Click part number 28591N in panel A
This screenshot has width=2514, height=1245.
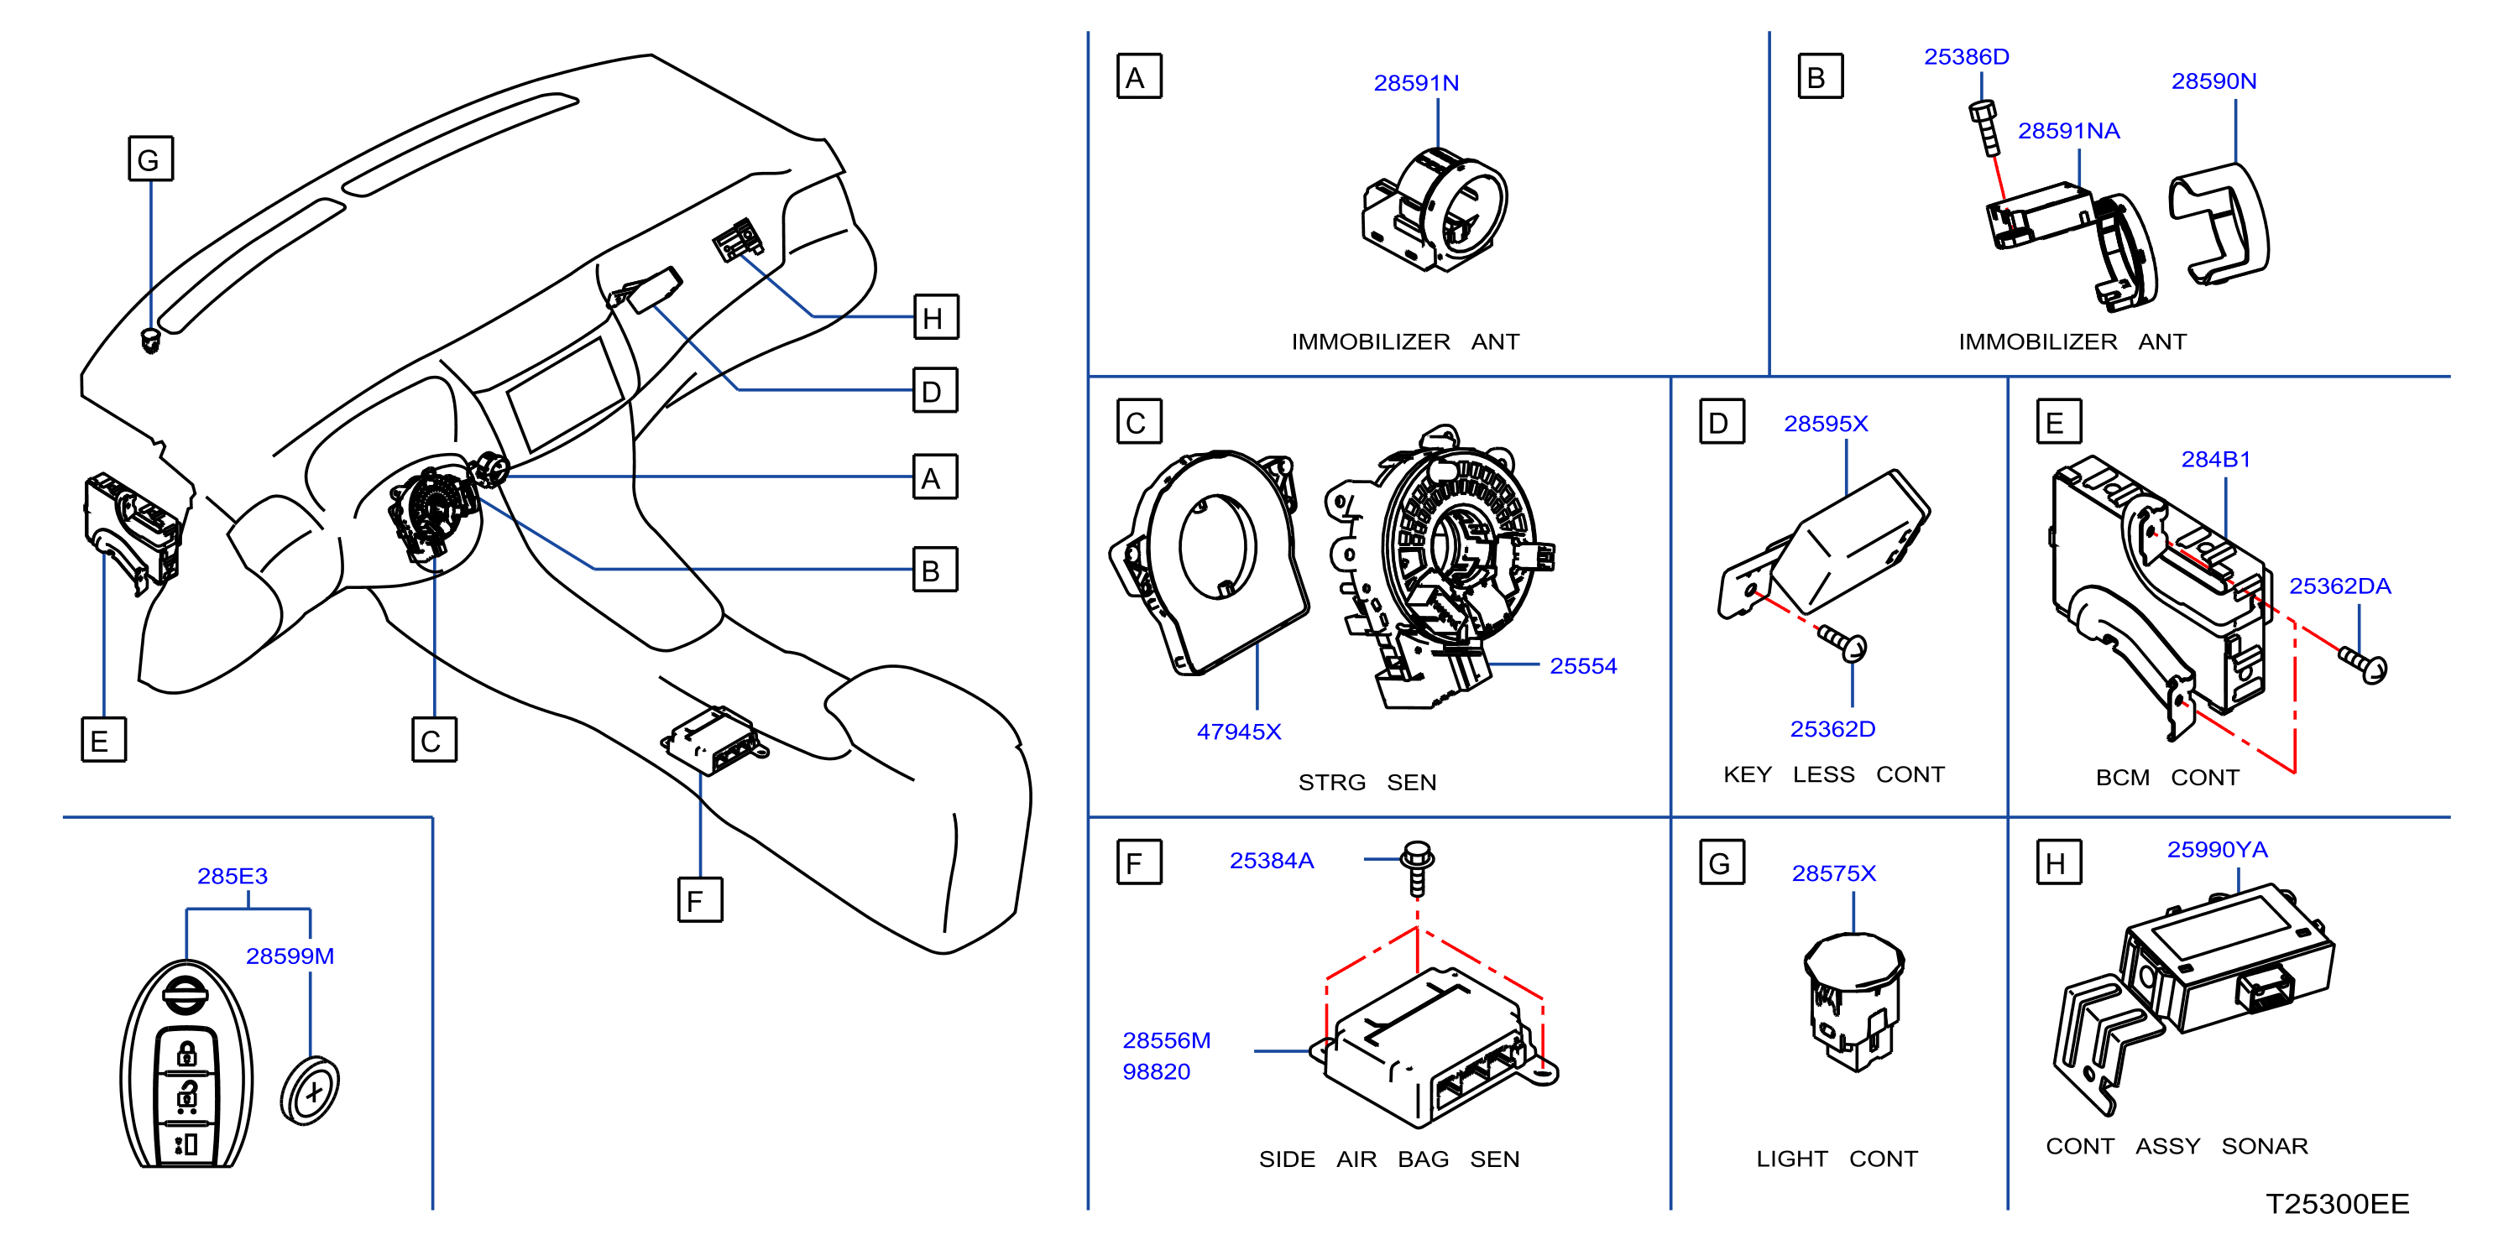[x=1416, y=83]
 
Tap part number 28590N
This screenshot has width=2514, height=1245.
[x=2213, y=81]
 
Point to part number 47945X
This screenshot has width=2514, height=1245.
[x=1238, y=731]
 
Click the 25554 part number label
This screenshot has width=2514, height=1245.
[x=1583, y=665]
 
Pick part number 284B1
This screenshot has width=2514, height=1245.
[x=2215, y=459]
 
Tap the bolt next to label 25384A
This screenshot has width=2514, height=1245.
[x=1417, y=867]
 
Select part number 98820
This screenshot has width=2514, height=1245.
[x=1156, y=1071]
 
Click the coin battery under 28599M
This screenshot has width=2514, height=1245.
[x=310, y=1089]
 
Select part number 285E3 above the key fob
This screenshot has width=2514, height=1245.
[x=233, y=875]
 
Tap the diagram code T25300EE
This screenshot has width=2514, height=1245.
[x=2338, y=1203]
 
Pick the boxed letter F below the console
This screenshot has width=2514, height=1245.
[x=700, y=899]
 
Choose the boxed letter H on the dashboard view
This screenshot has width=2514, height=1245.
[x=935, y=317]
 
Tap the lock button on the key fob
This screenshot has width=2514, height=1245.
[x=186, y=1054]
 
